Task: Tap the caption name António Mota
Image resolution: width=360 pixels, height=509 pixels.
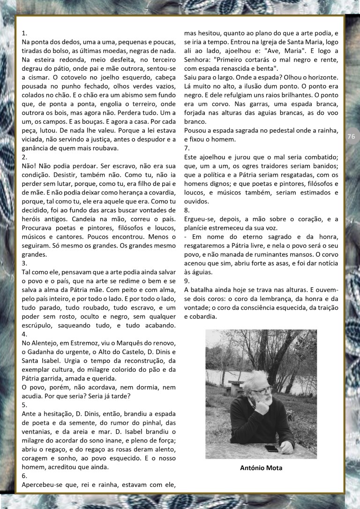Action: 261,468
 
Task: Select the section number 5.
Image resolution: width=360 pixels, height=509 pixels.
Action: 24,404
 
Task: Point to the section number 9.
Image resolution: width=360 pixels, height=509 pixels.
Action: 187,281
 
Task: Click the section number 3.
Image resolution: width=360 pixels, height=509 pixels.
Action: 24,263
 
